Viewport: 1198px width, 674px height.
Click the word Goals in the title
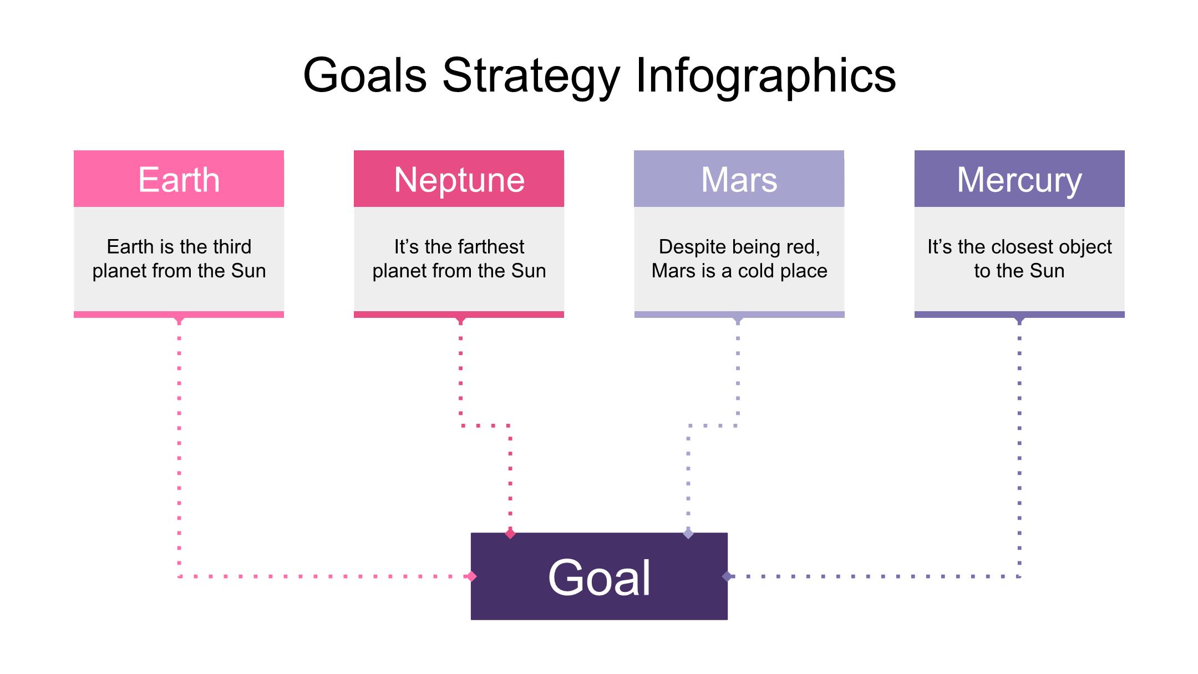(365, 75)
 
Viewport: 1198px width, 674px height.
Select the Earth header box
(179, 179)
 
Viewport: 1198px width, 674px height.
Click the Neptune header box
(459, 179)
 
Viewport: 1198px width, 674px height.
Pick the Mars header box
(739, 179)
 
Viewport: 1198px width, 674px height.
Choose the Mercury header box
(1019, 179)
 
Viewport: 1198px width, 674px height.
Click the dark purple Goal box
(599, 576)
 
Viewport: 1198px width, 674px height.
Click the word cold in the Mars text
(757, 271)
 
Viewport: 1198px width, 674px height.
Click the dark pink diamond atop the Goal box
(510, 534)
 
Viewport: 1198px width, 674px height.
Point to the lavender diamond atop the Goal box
(688, 534)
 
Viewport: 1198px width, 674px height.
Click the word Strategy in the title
(531, 78)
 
